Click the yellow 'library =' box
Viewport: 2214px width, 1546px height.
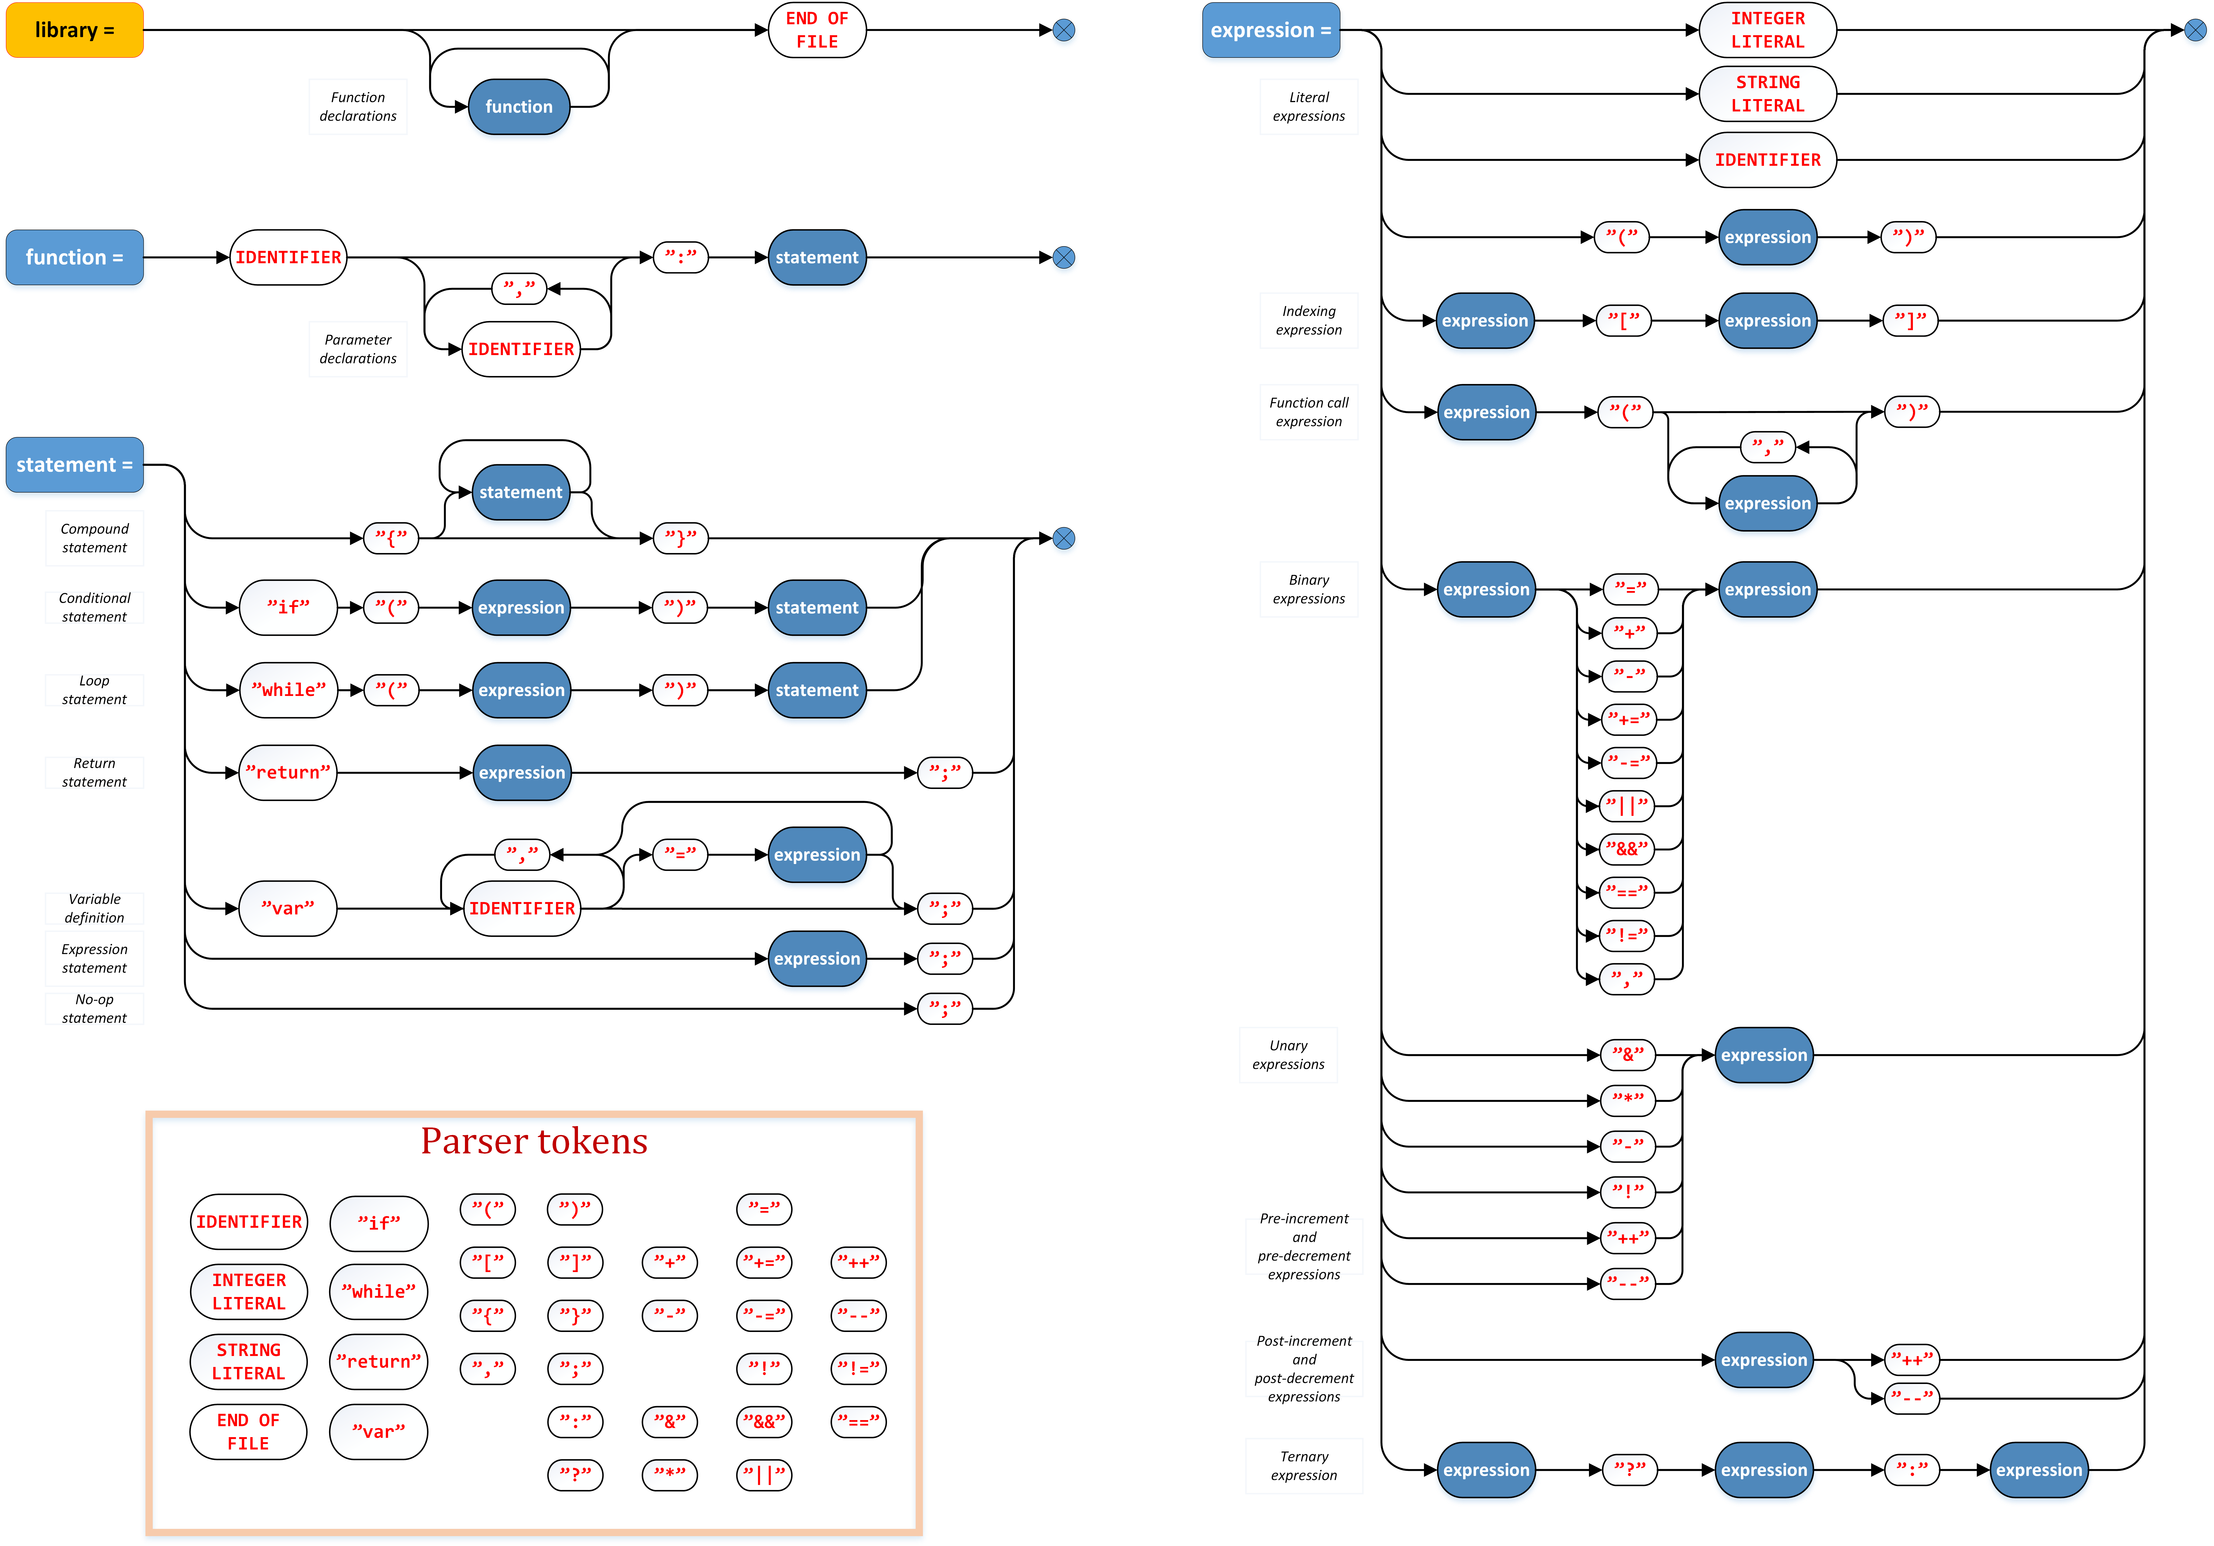coord(74,30)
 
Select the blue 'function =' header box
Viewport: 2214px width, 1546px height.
coord(74,257)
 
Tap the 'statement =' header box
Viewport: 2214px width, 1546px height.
coord(74,465)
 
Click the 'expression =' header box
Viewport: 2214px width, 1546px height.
coord(1270,30)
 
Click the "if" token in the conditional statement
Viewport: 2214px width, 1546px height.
coord(288,607)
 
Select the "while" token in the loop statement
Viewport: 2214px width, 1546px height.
coord(288,690)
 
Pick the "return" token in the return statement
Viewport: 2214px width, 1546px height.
coord(287,772)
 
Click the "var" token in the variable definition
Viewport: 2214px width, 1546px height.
coord(287,909)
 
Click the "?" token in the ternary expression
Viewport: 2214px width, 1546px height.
coord(1629,1470)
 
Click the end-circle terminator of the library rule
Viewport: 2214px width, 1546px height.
coord(1064,30)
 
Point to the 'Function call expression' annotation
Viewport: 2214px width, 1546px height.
coord(1309,412)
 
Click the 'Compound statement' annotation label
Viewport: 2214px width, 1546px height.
coord(94,538)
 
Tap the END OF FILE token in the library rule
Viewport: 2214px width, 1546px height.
coord(817,30)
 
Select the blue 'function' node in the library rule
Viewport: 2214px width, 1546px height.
coord(519,106)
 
